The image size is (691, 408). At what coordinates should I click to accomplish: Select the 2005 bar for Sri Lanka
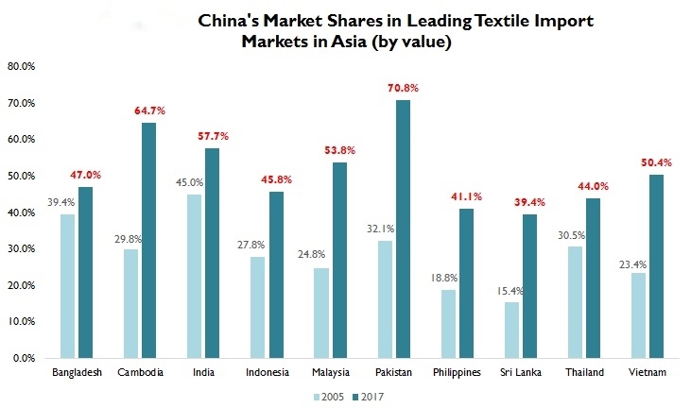click(x=511, y=330)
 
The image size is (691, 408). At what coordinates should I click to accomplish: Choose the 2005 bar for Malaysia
click(x=320, y=313)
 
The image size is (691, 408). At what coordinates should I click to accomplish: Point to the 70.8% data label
click(x=403, y=88)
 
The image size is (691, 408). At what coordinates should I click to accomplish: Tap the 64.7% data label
click(x=149, y=110)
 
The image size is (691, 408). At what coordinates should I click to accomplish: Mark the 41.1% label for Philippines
click(x=466, y=196)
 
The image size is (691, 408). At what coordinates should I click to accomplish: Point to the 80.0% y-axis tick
click(x=21, y=66)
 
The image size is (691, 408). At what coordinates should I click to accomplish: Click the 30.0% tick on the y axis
click(x=21, y=249)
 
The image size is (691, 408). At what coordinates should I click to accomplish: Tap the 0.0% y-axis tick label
click(x=23, y=359)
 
